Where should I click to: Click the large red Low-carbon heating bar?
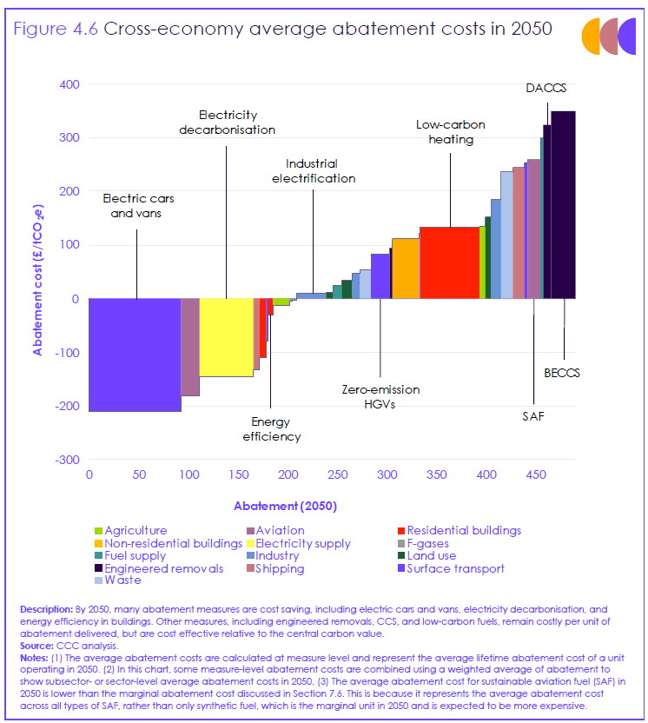(449, 262)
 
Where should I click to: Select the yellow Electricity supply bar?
(226, 337)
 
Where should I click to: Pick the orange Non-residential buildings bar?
(406, 268)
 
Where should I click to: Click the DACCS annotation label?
(546, 89)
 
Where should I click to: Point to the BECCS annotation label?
(562, 373)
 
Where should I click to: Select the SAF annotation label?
(533, 416)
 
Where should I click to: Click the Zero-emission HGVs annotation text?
(379, 397)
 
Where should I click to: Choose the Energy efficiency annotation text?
(271, 429)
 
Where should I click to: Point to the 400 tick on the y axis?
(69, 84)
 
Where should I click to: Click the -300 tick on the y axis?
(66, 460)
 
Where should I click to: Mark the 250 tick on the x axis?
(338, 474)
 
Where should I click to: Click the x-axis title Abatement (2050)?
(285, 506)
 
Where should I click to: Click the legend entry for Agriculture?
(135, 530)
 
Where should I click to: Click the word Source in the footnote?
(37, 647)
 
